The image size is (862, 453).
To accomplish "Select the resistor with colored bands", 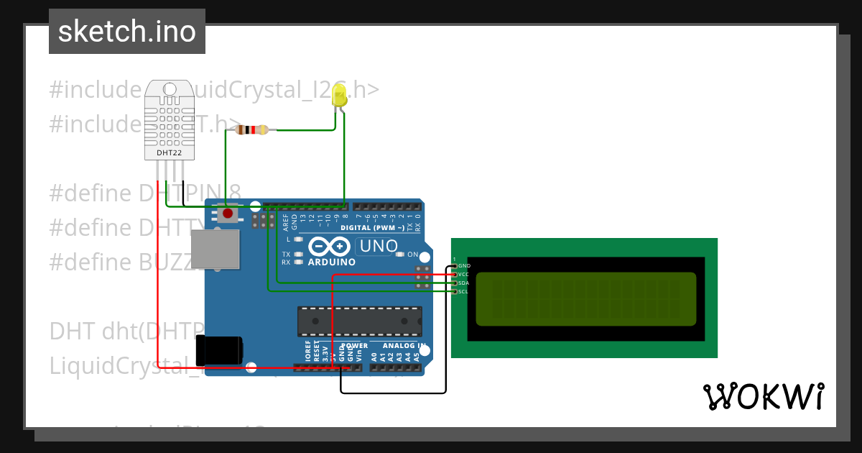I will pos(252,130).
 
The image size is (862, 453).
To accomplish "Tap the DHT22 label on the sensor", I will pos(169,153).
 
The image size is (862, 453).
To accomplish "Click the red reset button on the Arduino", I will pos(228,213).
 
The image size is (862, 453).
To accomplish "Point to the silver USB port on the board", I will pos(215,249).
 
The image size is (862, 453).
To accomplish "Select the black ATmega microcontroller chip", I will pos(360,321).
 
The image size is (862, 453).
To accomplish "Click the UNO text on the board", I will pos(379,246).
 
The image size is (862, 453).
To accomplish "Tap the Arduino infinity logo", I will pos(328,247).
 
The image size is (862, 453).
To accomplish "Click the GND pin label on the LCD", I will pos(464,265).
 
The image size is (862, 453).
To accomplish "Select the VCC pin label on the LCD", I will pos(464,274).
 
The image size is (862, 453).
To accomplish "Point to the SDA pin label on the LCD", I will pos(464,283).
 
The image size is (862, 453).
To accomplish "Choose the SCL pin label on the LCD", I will pos(464,291).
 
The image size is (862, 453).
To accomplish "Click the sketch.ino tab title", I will pos(127,32).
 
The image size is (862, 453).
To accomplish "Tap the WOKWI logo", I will pos(763,396).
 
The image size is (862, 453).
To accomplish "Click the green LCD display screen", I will pos(585,298).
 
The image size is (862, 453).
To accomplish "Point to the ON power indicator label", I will pos(412,255).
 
